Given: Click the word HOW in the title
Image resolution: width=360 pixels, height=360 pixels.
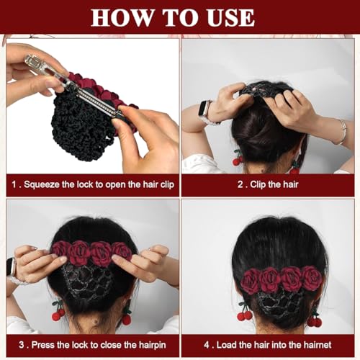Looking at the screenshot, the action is click(122, 17).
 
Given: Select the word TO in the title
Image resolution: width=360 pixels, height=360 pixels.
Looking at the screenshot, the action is click(181, 17).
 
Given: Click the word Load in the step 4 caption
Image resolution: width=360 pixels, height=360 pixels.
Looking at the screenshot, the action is click(227, 345).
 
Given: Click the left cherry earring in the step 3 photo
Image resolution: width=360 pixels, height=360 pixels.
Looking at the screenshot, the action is click(58, 311).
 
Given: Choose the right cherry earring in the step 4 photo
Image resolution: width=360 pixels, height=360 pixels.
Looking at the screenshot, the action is click(315, 318).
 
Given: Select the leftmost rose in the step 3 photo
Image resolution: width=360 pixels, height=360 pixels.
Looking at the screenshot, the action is click(60, 250).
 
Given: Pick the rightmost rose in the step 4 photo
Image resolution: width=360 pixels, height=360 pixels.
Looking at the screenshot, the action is click(312, 279).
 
